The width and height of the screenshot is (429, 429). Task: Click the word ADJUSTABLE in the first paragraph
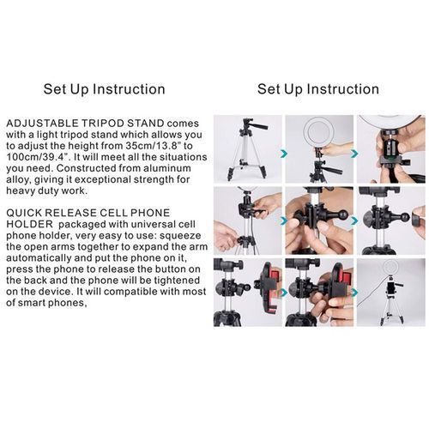pos(42,124)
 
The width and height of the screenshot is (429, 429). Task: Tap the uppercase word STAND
pos(146,124)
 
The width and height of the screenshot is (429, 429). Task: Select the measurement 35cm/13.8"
pos(154,146)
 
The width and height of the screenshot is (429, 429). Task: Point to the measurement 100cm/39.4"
pos(39,157)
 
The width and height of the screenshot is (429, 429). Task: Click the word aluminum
pos(167,168)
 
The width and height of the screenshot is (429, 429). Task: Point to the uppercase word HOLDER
pos(29,224)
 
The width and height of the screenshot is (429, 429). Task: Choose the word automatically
pos(39,258)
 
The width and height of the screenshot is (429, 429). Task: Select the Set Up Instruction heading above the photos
pos(318,89)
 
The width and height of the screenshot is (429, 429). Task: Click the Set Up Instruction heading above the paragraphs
pos(105,89)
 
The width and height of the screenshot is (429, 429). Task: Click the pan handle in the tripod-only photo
pos(259,125)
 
